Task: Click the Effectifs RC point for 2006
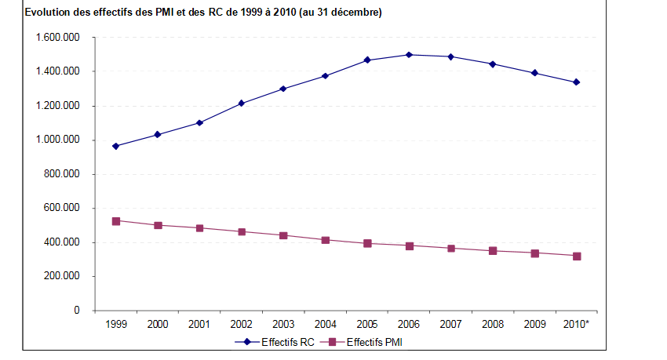(x=409, y=55)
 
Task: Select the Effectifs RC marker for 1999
(x=115, y=146)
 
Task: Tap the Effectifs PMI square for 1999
(x=115, y=221)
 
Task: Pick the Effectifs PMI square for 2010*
(x=576, y=256)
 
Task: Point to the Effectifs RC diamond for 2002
(x=241, y=104)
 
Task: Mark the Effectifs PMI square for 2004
(x=325, y=240)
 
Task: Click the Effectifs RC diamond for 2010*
(x=576, y=82)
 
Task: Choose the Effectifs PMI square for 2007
(x=450, y=249)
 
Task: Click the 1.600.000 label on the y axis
(x=58, y=38)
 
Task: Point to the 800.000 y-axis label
(x=64, y=174)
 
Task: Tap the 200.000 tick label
(x=64, y=276)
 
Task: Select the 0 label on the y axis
(x=76, y=311)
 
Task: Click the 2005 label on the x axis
(x=366, y=323)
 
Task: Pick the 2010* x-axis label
(x=577, y=323)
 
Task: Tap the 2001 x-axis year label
(x=199, y=323)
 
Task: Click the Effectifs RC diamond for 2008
(x=492, y=64)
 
